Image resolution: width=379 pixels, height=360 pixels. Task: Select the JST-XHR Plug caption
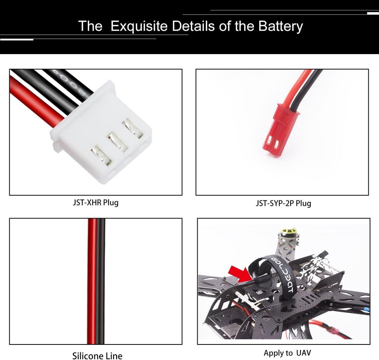(95, 203)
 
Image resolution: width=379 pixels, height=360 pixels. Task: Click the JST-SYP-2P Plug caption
(283, 203)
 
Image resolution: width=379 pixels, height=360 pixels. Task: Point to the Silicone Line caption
(97, 356)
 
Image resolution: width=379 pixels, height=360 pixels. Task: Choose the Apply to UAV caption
(287, 353)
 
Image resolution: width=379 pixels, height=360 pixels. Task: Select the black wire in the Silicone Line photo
(100, 281)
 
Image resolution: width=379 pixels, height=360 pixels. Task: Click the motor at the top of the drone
(288, 233)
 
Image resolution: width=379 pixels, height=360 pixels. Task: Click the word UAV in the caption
(303, 353)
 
